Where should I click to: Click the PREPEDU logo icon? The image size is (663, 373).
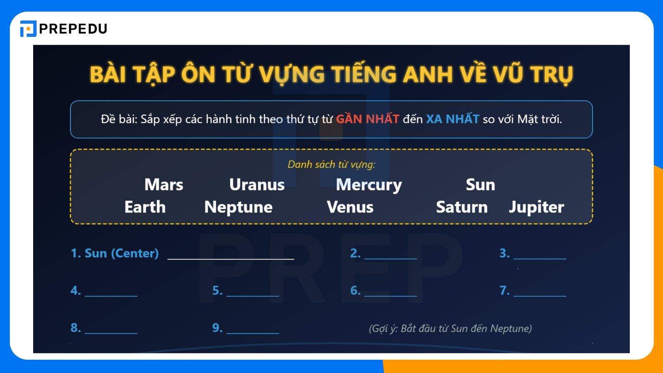pos(28,29)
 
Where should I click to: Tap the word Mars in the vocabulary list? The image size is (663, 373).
pos(164,185)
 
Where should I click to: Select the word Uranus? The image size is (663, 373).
pos(257,185)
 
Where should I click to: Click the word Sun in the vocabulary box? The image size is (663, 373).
pos(480,185)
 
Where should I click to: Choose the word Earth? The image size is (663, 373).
pos(145,207)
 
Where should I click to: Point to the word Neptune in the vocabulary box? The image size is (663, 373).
pos(238,207)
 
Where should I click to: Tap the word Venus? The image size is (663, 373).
pos(350,207)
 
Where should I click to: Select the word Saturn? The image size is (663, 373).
pos(462,207)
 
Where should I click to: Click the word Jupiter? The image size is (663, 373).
pos(536,207)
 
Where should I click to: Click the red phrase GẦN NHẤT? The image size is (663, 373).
pos(368,119)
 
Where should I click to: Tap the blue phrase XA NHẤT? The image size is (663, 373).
pos(452,119)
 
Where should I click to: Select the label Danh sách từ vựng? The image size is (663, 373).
pos(331,165)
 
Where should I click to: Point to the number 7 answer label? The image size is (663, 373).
pos(504,291)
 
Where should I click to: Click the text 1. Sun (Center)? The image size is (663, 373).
pos(115,253)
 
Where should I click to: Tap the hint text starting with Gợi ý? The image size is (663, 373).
pos(450,329)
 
